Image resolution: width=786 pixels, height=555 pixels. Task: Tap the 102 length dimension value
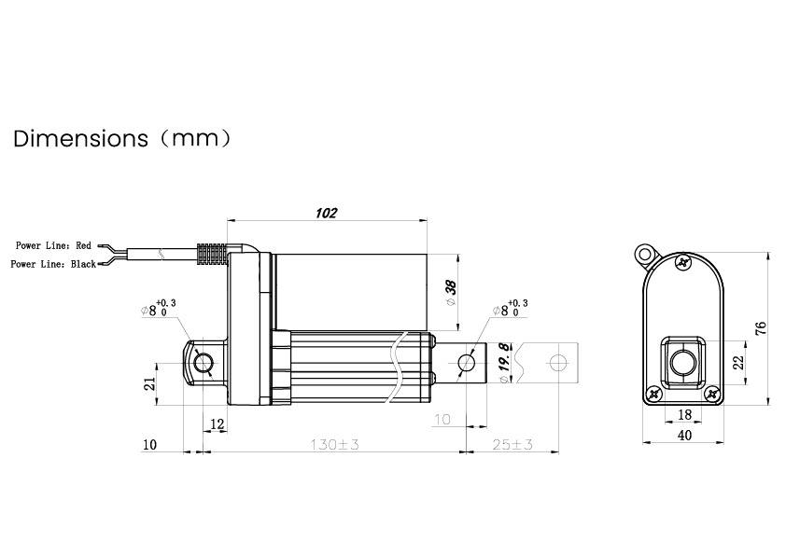[x=326, y=213]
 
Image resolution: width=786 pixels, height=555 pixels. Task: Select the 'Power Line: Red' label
[x=53, y=245]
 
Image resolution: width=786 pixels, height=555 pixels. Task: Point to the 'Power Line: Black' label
[x=53, y=264]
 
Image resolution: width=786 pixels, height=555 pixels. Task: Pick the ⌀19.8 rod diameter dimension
[x=504, y=364]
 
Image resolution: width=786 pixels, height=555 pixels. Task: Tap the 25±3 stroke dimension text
[x=512, y=445]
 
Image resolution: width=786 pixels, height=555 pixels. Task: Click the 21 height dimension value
[x=148, y=384]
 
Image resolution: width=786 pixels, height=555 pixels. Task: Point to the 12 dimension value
[x=218, y=423]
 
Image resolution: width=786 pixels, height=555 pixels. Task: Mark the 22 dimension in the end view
[x=739, y=363]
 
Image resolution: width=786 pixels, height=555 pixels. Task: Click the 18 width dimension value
[x=683, y=414]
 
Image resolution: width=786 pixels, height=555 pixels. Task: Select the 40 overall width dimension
[x=683, y=434]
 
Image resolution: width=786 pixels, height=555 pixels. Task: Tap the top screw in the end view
[x=683, y=264]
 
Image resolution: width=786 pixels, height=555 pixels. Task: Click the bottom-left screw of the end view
[x=654, y=395]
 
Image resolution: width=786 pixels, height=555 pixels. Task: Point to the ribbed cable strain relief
[x=211, y=254]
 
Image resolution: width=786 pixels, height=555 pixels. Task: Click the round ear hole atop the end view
[x=644, y=253]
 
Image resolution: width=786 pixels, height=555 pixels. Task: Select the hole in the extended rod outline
[x=558, y=362]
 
